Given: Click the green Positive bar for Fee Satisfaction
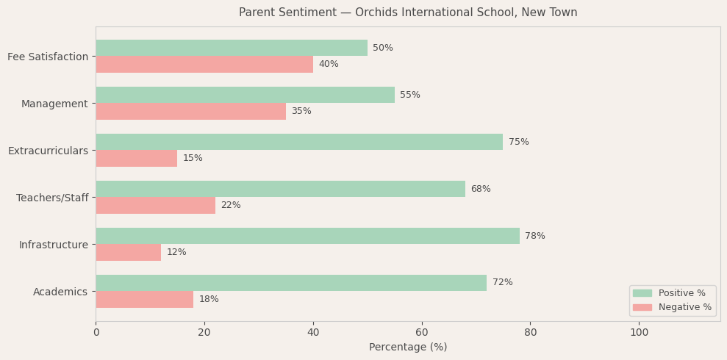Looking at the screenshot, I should click(x=232, y=48).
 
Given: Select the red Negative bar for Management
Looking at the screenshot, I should click(x=190, y=111).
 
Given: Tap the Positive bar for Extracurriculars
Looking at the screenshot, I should click(x=299, y=142).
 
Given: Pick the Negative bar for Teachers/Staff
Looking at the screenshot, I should click(x=155, y=205).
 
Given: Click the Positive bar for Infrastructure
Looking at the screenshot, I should click(x=307, y=236).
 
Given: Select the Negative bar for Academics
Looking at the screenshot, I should click(x=144, y=299).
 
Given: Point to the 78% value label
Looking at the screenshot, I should click(x=535, y=236).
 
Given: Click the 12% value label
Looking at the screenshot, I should click(x=176, y=252).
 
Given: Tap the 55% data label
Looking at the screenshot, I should click(x=410, y=95).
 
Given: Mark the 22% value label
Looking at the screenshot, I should click(x=231, y=205).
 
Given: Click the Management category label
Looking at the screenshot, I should click(x=54, y=104).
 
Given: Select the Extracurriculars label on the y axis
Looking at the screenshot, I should click(x=48, y=151).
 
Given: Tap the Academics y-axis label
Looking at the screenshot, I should click(x=60, y=292).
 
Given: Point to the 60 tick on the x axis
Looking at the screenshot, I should click(x=422, y=332).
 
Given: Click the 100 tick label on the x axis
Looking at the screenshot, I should click(x=639, y=332).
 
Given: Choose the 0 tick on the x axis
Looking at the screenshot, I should click(x=96, y=332).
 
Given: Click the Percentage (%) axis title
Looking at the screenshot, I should click(x=408, y=348).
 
